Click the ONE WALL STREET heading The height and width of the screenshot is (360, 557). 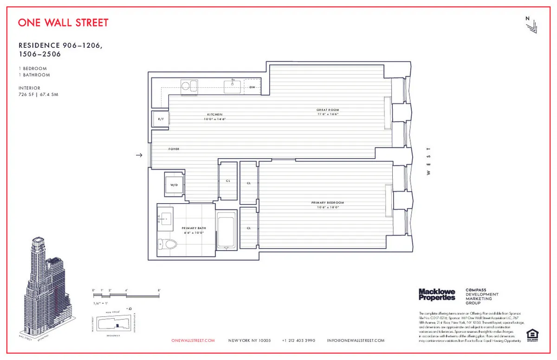pos(63,23)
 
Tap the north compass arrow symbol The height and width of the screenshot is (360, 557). pos(531,26)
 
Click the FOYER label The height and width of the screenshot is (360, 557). pos(174,149)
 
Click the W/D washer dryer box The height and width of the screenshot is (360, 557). pos(174,185)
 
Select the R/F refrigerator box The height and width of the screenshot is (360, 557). pos(161,119)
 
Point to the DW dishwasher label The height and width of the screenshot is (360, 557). pos(253,87)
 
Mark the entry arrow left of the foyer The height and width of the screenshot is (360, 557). pos(138,155)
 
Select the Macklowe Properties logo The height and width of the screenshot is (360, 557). pos(437,294)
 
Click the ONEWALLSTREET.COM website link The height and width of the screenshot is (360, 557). pos(193,341)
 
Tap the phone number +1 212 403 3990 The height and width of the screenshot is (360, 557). pos(298,341)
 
